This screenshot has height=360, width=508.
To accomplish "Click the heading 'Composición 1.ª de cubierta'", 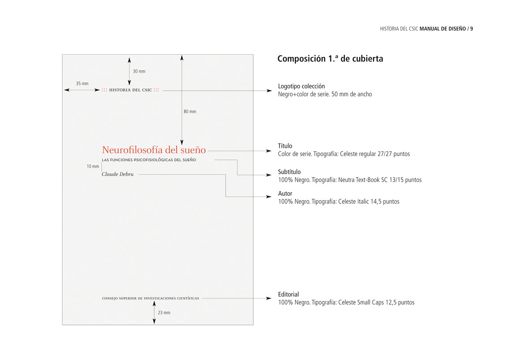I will tap(330, 59).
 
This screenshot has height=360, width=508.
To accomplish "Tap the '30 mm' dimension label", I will tap(139, 71).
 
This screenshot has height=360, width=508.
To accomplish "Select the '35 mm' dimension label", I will tap(82, 83).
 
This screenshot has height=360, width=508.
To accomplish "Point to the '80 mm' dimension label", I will tap(190, 112).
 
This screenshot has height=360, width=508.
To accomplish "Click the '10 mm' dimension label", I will tap(93, 166).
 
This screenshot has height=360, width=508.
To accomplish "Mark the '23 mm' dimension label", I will tap(164, 312).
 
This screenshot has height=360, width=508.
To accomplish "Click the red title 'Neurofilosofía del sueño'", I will tap(154, 150).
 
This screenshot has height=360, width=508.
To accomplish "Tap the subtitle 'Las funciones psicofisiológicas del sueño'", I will tap(149, 160).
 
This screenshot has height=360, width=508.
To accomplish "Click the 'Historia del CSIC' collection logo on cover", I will tap(130, 90).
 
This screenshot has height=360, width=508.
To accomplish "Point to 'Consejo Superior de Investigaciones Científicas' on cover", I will tap(151, 298).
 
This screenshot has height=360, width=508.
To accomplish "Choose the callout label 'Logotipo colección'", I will tap(301, 86).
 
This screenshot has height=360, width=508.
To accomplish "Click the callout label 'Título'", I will tap(285, 146).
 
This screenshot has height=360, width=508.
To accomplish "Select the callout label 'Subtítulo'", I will tap(289, 172).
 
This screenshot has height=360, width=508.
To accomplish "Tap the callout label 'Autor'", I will tap(285, 194).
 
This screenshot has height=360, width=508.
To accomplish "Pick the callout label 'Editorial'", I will tap(288, 295).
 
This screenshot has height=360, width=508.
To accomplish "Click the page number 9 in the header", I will tap(472, 29).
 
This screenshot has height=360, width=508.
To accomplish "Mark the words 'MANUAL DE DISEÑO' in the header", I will tap(442, 29).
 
